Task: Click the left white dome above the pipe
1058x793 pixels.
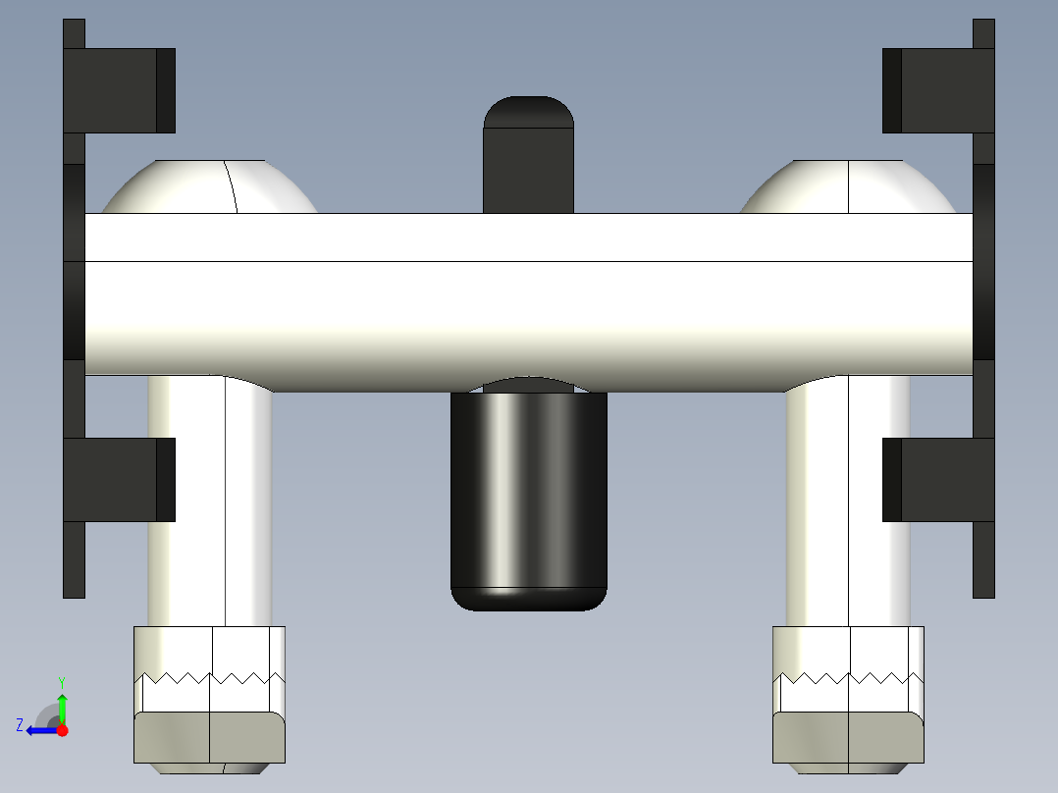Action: (211, 188)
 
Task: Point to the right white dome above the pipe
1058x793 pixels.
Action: (847, 188)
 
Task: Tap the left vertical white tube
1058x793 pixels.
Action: (210, 501)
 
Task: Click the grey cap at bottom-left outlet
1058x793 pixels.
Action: (209, 737)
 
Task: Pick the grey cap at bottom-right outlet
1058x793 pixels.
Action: (848, 737)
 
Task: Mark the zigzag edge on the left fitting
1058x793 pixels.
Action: (210, 677)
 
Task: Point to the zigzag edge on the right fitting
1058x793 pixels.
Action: (848, 677)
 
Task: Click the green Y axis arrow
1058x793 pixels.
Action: (62, 707)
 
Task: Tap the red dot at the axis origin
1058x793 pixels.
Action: (62, 730)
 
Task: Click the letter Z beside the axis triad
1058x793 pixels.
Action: (20, 725)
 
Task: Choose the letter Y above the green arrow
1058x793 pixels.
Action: (61, 681)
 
